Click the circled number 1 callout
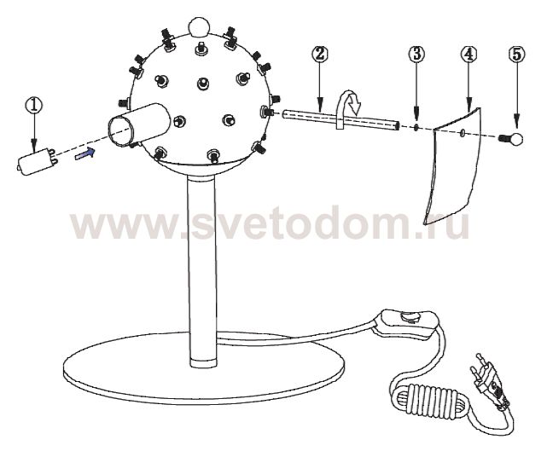click(34, 105)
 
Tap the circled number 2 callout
click(320, 54)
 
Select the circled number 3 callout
click(416, 55)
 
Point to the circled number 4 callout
click(468, 54)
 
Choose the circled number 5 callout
click(516, 54)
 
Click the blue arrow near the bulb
click(84, 153)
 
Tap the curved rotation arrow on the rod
click(349, 109)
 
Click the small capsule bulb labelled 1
click(37, 160)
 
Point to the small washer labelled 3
click(416, 127)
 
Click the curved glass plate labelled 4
click(452, 166)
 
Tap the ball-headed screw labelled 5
click(511, 140)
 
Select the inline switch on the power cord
click(406, 324)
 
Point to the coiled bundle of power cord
click(429, 400)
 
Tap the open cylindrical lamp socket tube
click(139, 124)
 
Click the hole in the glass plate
click(463, 132)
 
